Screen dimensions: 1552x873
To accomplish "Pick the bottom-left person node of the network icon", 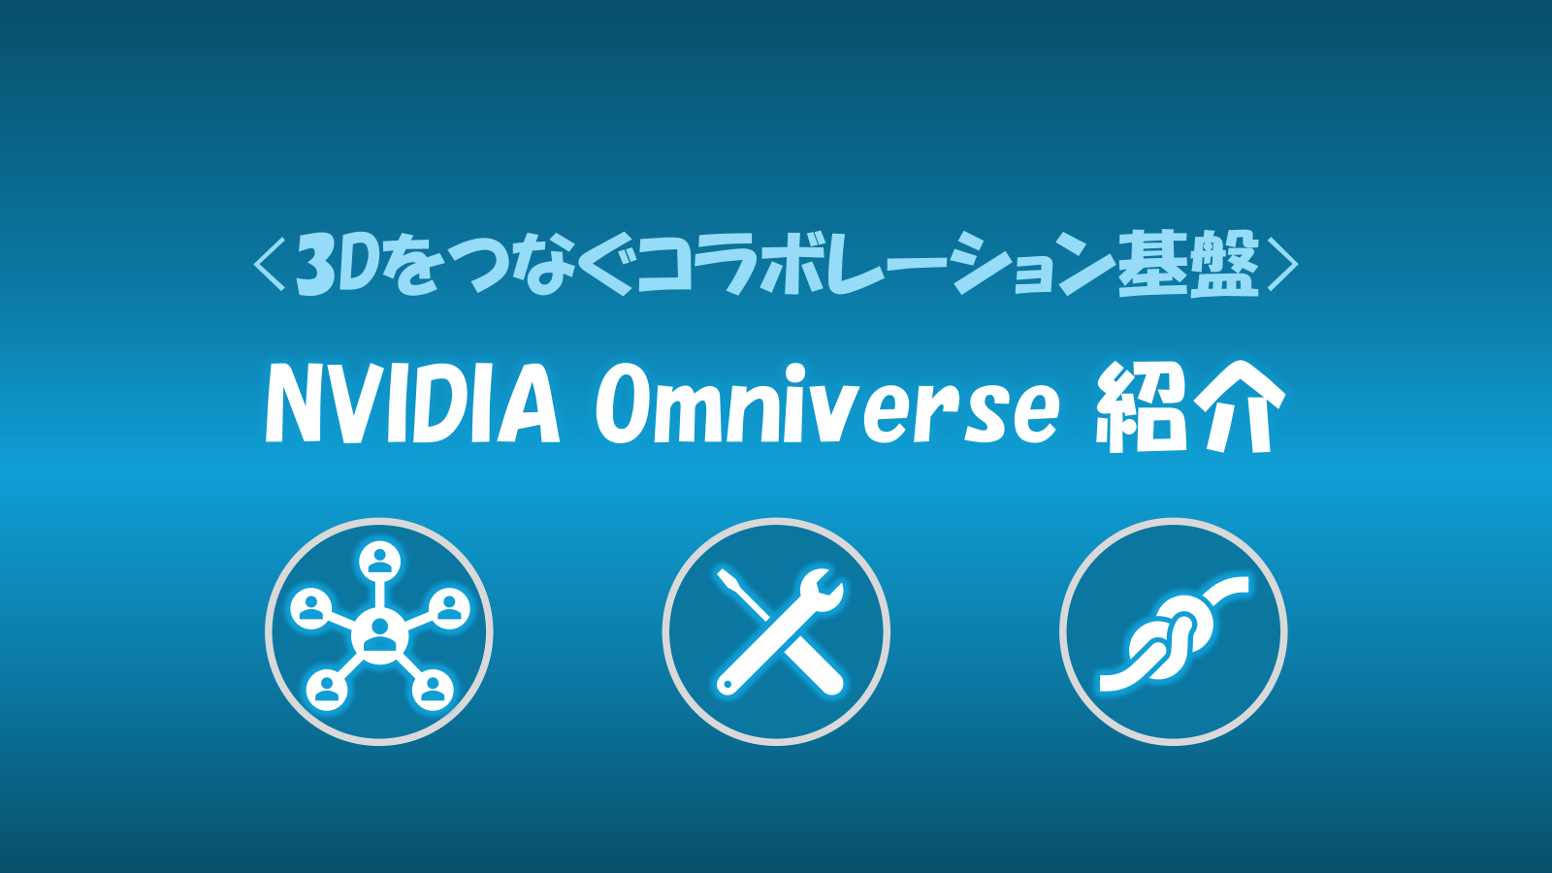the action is click(326, 690).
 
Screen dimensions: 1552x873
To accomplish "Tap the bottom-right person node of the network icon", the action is click(433, 690).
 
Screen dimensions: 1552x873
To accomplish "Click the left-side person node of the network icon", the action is click(309, 609).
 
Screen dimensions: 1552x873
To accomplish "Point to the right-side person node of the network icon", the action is click(449, 609).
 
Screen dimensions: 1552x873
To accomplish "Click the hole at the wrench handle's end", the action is click(727, 685).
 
